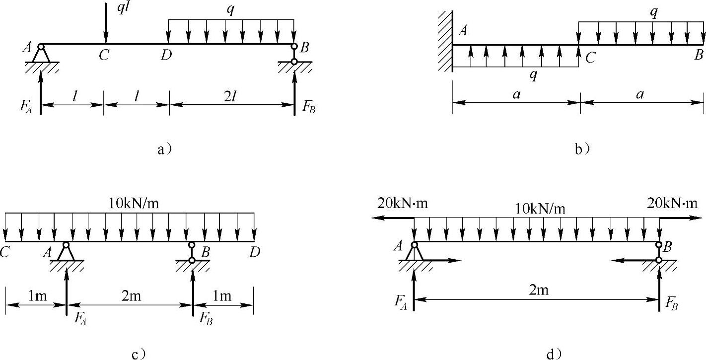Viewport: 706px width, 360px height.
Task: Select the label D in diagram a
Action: (x=166, y=55)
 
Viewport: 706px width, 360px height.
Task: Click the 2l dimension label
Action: (x=230, y=97)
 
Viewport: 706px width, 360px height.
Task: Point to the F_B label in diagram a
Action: (x=308, y=107)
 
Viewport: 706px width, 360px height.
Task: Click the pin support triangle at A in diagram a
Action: (x=41, y=54)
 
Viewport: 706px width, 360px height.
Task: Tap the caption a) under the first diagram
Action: (x=165, y=149)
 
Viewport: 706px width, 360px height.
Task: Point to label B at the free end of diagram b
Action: (x=699, y=55)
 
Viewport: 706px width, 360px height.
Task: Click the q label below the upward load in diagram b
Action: (x=533, y=75)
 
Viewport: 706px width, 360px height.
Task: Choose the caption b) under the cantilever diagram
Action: (x=582, y=149)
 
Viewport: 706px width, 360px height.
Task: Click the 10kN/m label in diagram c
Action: (x=134, y=204)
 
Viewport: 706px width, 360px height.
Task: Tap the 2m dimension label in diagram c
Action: (x=131, y=296)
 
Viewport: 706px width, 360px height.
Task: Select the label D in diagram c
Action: (x=255, y=252)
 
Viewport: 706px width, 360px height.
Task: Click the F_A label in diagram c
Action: (x=80, y=318)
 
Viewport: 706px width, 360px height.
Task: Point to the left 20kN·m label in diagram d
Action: (x=403, y=204)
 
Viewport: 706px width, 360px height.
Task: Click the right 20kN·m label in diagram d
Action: (x=672, y=203)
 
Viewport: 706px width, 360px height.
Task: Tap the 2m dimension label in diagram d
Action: (x=538, y=289)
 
